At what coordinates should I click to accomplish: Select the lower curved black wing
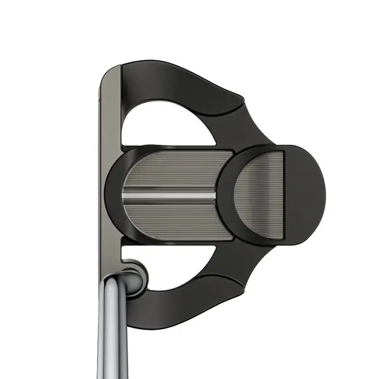click(x=189, y=303)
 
